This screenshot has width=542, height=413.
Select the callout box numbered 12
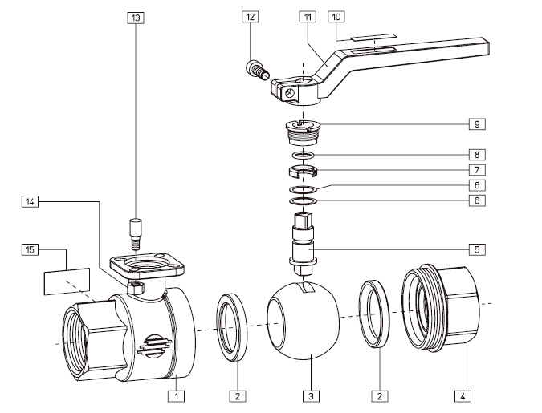tap(252, 16)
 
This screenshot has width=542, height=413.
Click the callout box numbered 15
tap(31, 250)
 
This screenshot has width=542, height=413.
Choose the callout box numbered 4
tap(463, 395)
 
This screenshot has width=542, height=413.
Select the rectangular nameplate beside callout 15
tap(65, 281)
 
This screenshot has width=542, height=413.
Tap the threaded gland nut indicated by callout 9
tap(302, 130)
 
